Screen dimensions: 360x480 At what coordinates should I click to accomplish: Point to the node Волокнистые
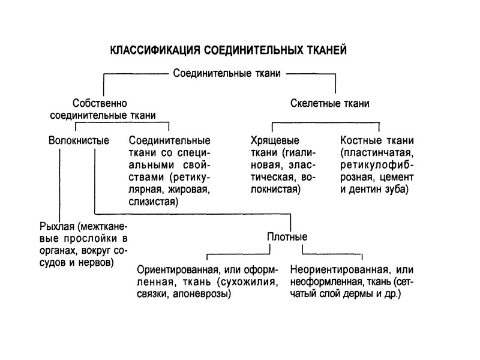pyautogui.click(x=79, y=141)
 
